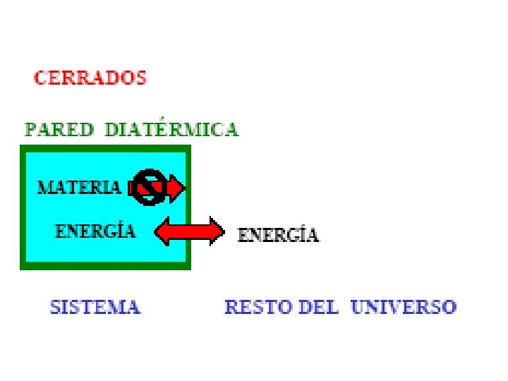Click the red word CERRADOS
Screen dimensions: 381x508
90,77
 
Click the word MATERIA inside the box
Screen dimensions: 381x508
79,188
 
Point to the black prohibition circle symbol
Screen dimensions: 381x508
150,187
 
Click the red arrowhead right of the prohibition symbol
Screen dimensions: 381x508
177,188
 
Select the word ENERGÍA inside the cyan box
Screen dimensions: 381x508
95,231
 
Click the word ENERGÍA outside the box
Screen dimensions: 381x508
278,235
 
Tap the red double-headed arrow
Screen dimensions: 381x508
188,231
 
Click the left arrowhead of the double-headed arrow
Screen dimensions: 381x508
163,231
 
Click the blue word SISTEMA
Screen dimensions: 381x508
95,308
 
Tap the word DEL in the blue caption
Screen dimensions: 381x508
319,308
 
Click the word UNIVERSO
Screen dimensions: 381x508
404,308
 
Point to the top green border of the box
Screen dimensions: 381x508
106,148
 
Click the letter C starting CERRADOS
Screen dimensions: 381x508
40,77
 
